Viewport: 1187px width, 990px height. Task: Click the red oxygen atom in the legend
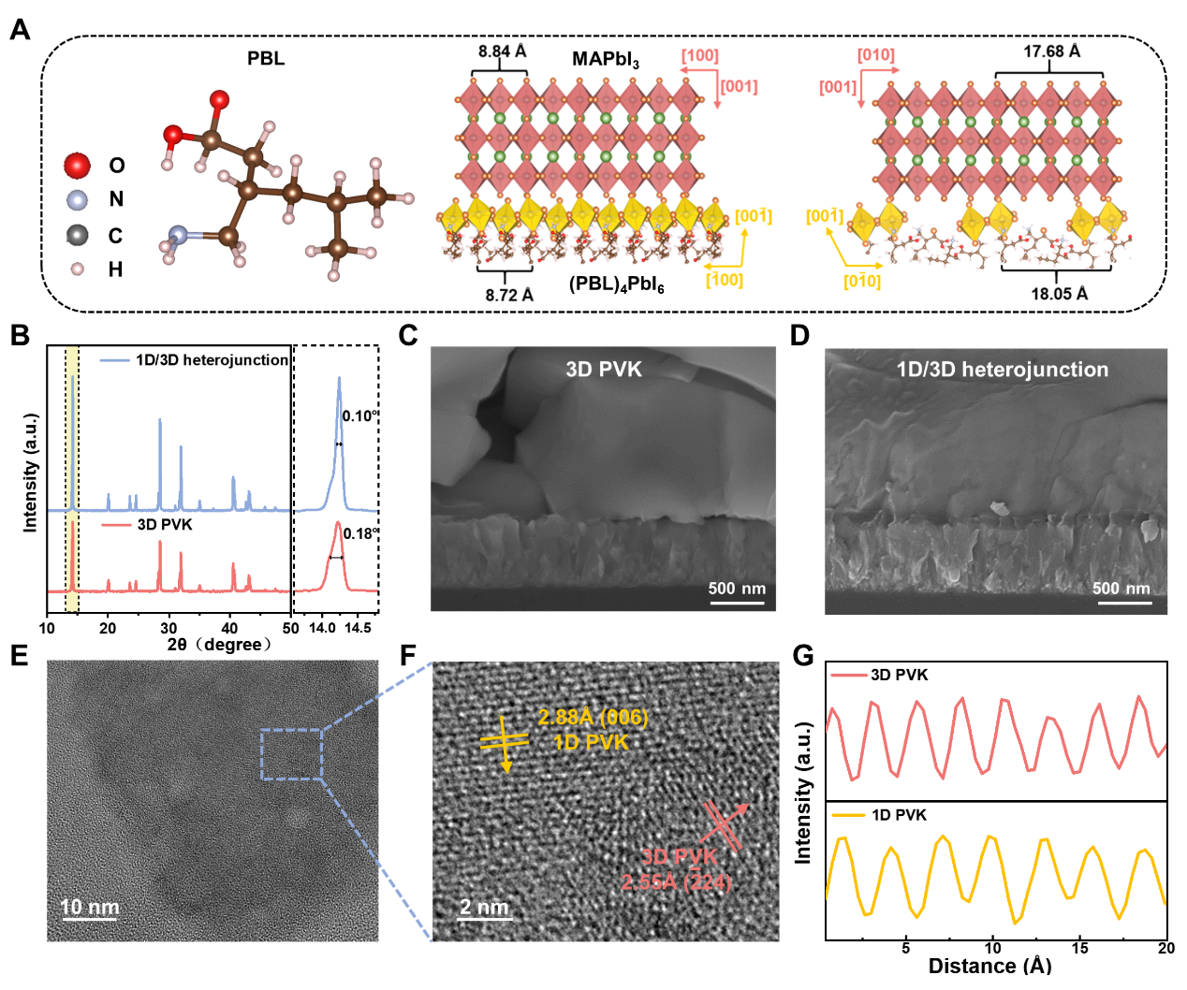coord(77,166)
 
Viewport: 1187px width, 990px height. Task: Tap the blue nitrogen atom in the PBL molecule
coord(179,237)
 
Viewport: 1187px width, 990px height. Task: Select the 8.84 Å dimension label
coord(503,51)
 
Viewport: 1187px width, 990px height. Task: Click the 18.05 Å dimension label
coord(1060,293)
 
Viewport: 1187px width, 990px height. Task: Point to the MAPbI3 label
coord(605,59)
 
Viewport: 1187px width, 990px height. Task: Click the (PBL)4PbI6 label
coord(617,284)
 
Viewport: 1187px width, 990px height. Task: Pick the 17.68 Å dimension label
coord(1051,51)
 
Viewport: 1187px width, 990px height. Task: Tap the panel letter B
coord(20,335)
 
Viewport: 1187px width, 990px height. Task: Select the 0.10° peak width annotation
coord(359,416)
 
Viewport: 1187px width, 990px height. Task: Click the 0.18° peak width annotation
coord(360,533)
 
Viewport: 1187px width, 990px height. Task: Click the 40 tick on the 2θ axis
coord(229,628)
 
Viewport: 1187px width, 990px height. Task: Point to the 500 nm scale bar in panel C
coord(737,590)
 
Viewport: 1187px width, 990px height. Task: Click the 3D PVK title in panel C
coord(604,370)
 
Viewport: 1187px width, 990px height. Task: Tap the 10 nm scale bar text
coord(90,907)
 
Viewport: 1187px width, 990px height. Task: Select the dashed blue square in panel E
coord(291,754)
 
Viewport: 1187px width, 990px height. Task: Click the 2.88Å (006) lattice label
coord(593,718)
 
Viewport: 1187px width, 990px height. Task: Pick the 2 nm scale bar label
coord(484,907)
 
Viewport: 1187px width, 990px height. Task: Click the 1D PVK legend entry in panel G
coord(899,815)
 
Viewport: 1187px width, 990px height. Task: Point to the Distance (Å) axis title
coord(989,965)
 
